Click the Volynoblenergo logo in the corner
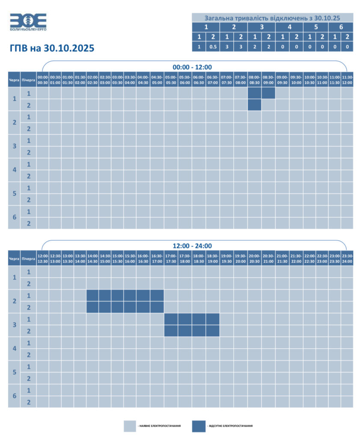coord(28,22)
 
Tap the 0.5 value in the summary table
coord(213,47)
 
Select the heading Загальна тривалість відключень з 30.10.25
coord(272,18)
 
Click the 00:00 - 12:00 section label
coord(192,67)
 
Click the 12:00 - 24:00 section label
coord(192,246)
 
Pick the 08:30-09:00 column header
coord(268,80)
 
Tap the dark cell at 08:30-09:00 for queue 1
coord(268,93)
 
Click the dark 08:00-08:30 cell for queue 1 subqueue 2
coord(254,105)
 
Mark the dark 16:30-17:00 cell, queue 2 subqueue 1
coord(157,296)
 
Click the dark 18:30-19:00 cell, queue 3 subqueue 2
coord(213,331)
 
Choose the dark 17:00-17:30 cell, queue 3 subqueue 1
coord(171,319)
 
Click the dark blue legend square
coord(199,426)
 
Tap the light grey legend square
coord(130,426)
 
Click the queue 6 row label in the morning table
coord(14,217)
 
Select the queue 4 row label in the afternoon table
coord(14,349)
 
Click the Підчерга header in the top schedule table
coord(28,80)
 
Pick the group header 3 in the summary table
coord(262,27)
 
